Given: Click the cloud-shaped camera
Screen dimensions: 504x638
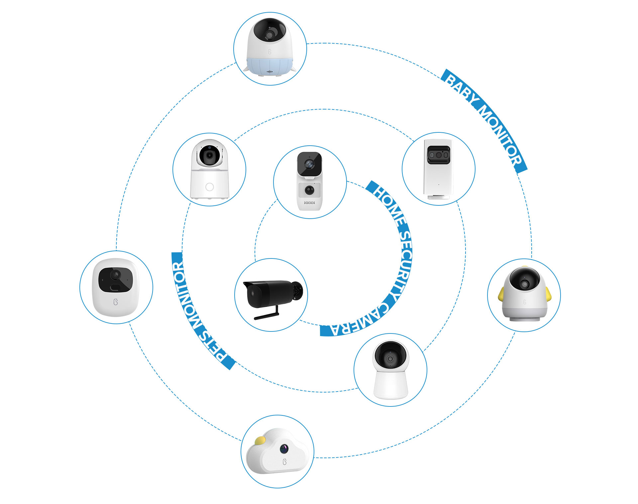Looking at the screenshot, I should [x=277, y=452].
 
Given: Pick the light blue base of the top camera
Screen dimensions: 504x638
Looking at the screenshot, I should [x=269, y=66].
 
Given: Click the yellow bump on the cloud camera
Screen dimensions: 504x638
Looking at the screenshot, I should [x=260, y=440].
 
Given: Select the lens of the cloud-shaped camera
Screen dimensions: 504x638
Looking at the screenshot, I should [x=284, y=449].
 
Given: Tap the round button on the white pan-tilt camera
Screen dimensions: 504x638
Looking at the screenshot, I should [x=209, y=187].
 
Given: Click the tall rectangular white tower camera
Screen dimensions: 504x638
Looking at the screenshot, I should [x=438, y=169].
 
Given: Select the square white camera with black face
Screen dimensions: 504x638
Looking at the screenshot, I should [x=116, y=287].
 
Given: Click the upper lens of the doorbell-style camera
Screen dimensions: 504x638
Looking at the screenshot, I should [x=309, y=164].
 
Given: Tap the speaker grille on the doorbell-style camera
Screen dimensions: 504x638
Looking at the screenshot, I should [x=309, y=202].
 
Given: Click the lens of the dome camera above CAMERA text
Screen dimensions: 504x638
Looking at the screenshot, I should [x=390, y=359].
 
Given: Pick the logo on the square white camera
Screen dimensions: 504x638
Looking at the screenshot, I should [x=116, y=302].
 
